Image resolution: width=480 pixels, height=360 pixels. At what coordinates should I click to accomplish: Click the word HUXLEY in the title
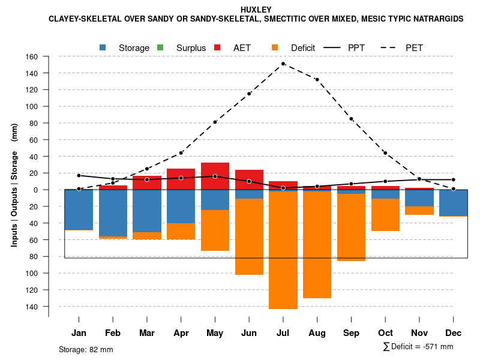coord(256,10)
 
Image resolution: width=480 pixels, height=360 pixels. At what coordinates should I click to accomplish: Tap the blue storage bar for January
coord(79,210)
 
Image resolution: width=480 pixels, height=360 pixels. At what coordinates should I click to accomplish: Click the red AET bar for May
coord(215,176)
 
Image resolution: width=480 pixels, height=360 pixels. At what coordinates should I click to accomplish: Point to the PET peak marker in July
coord(283,64)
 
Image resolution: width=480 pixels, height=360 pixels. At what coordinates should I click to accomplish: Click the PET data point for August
coord(317,79)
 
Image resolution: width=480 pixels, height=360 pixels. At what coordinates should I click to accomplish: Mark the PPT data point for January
coord(79,176)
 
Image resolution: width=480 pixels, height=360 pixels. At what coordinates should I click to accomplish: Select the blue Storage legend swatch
coord(103,47)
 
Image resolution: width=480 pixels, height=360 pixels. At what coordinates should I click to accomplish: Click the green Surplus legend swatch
coord(160,47)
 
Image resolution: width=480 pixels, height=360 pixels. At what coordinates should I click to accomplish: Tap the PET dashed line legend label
coord(414,47)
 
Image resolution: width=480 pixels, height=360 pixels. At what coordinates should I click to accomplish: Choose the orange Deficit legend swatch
coord(275,47)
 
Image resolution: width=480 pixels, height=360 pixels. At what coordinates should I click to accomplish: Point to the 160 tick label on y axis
coord(32,57)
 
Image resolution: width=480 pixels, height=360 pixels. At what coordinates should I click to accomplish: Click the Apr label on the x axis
coord(181,333)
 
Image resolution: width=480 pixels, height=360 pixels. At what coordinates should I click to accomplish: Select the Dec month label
coord(454,333)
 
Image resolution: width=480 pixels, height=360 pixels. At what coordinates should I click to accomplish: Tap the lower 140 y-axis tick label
coord(32,307)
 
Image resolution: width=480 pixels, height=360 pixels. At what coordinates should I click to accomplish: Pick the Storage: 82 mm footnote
coord(86,349)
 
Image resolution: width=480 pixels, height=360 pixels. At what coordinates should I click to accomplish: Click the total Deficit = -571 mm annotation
coord(418,347)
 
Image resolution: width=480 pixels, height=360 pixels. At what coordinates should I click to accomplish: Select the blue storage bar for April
coord(181,206)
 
